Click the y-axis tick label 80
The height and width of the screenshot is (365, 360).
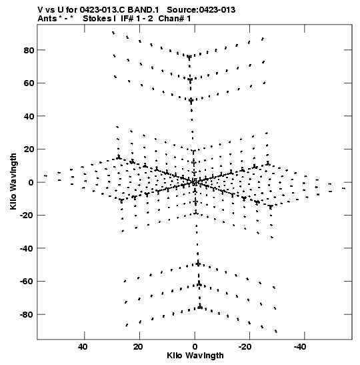pyautogui.click(x=29, y=50)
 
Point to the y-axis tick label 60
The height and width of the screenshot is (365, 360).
pyautogui.click(x=29, y=83)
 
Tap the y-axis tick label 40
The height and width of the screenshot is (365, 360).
pyautogui.click(x=29, y=116)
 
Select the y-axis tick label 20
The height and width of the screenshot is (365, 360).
pyautogui.click(x=29, y=149)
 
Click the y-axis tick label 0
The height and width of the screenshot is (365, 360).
pyautogui.click(x=31, y=183)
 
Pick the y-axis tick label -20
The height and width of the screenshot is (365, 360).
pyautogui.click(x=27, y=216)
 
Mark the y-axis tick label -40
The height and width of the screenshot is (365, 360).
pyautogui.click(x=27, y=249)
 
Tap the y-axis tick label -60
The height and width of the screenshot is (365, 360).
pyautogui.click(x=27, y=282)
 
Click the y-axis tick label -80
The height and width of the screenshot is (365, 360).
pyautogui.click(x=27, y=315)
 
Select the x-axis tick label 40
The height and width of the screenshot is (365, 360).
pyautogui.click(x=83, y=347)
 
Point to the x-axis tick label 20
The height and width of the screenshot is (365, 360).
pyautogui.click(x=138, y=347)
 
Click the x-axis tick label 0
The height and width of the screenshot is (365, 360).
pyautogui.click(x=195, y=347)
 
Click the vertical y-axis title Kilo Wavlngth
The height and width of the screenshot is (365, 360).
pyautogui.click(x=13, y=181)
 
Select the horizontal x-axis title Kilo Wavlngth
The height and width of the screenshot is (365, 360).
pyautogui.click(x=195, y=356)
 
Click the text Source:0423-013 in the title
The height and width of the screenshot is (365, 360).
pyautogui.click(x=201, y=10)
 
